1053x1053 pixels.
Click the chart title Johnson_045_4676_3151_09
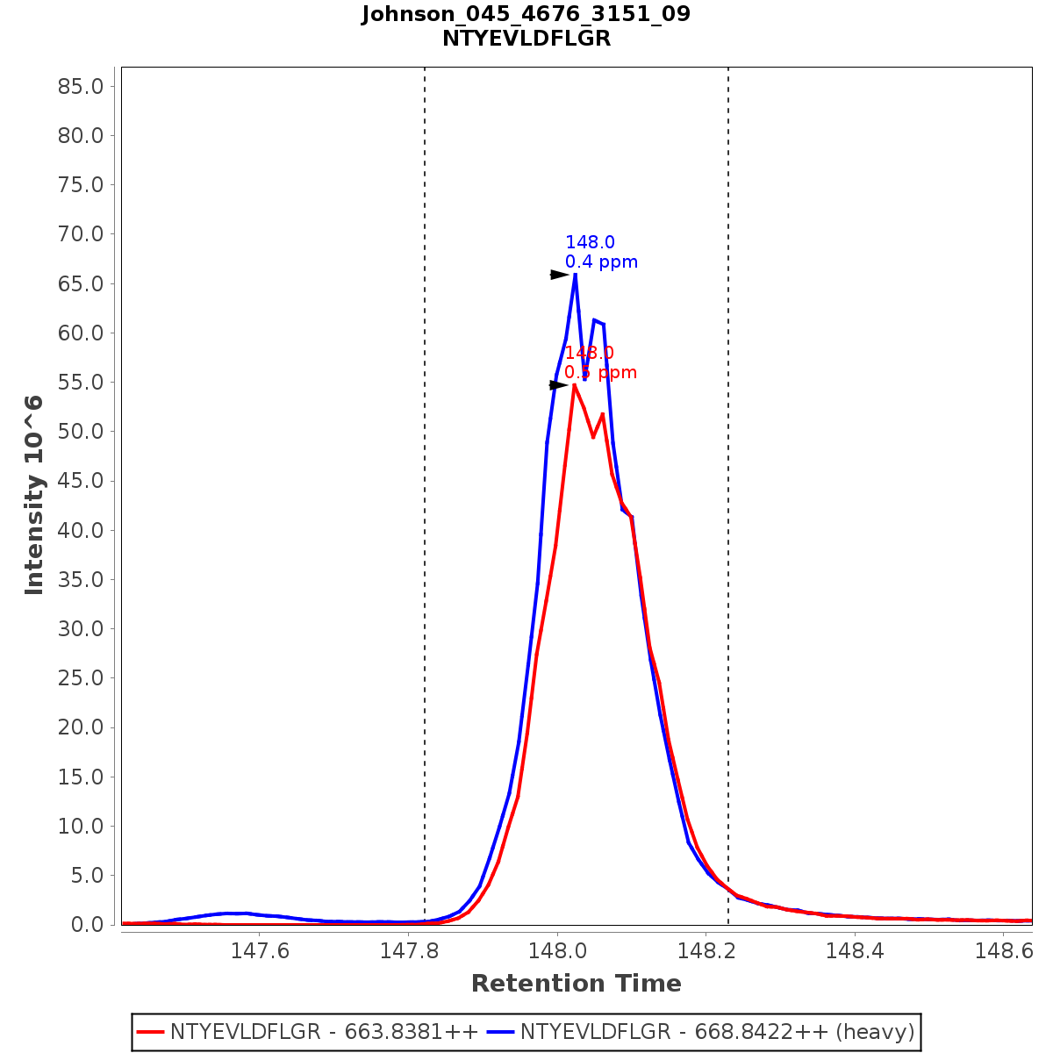[x=526, y=14]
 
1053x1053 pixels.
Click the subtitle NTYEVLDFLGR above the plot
[x=526, y=39]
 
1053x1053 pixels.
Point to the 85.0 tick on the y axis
[x=80, y=86]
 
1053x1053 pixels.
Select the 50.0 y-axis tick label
[x=80, y=432]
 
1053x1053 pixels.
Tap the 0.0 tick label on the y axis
[x=86, y=925]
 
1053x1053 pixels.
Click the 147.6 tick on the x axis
[x=260, y=950]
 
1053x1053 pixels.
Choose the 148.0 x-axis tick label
[x=556, y=950]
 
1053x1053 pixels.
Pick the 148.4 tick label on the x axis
[x=854, y=950]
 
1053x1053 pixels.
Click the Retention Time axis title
[x=576, y=984]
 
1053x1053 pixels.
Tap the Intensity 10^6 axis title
[x=34, y=495]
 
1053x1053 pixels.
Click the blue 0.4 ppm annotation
[x=601, y=262]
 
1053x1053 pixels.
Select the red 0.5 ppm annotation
[x=601, y=373]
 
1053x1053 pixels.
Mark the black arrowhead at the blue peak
[x=559, y=275]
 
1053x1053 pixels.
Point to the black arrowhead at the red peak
[x=558, y=385]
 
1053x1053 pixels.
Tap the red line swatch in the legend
[x=151, y=1032]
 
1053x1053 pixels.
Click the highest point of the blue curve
[x=575, y=275]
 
